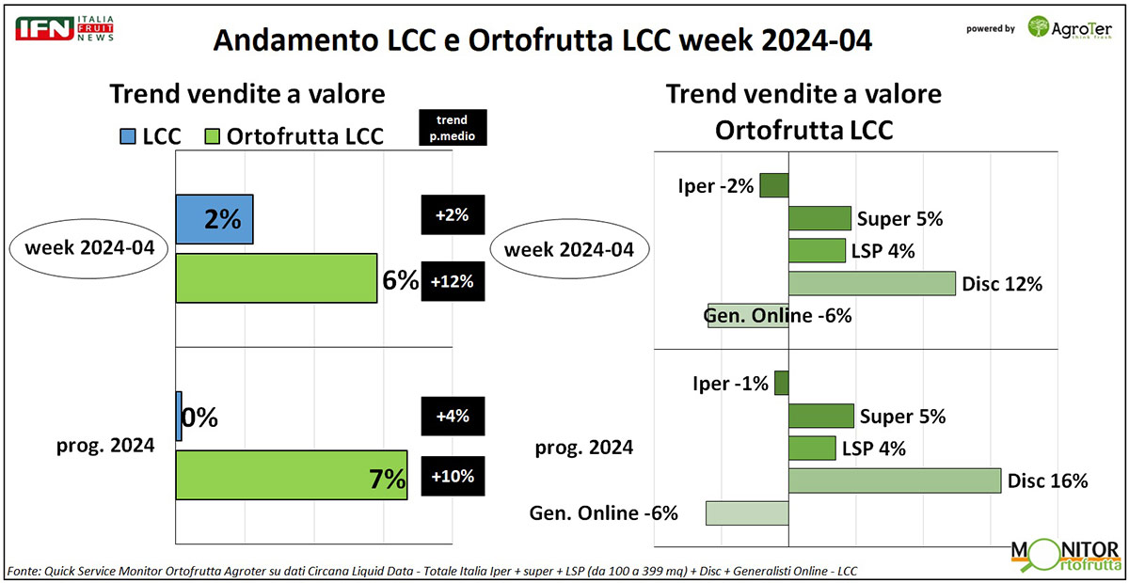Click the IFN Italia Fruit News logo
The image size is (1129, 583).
tap(64, 28)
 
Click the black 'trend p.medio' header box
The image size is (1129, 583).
tap(453, 126)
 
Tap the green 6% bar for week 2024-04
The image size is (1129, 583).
tap(277, 278)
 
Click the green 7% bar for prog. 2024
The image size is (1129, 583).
tap(292, 476)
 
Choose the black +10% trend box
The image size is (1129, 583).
tap(453, 476)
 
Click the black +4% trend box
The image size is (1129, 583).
tap(453, 416)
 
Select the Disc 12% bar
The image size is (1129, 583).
tap(871, 283)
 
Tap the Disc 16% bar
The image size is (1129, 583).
tap(894, 481)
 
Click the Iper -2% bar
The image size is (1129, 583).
tap(774, 185)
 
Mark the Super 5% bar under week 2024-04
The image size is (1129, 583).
tap(819, 219)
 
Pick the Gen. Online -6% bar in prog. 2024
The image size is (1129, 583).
tap(747, 512)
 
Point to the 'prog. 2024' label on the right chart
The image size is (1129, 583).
tap(583, 447)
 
